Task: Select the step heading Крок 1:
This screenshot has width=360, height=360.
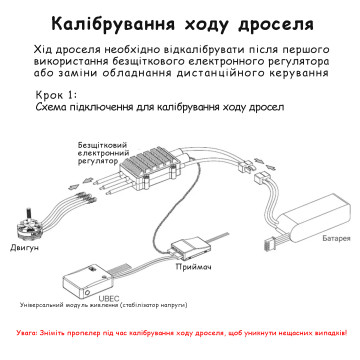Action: point(56,95)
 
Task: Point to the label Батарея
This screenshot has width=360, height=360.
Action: point(336,238)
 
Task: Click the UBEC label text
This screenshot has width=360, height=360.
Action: point(109,298)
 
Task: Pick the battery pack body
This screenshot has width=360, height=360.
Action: point(312,218)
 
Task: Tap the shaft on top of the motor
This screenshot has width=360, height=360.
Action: point(27,212)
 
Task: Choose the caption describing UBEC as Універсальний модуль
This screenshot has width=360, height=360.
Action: point(103,305)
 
